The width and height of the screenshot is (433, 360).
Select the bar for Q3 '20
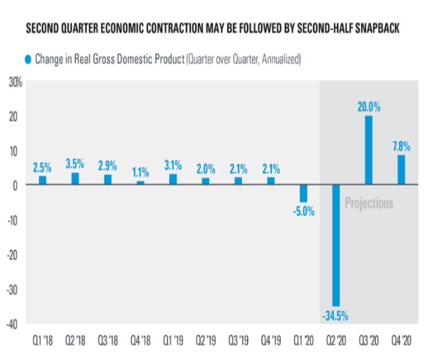tap(369, 150)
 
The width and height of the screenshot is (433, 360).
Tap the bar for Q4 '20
tap(401, 170)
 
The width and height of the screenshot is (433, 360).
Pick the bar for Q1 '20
tap(303, 193)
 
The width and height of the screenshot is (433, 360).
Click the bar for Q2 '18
tap(75, 179)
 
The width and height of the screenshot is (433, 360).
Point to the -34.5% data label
tap(335, 316)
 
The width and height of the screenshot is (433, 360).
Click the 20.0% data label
tap(369, 107)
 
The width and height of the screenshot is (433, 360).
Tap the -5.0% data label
tap(303, 211)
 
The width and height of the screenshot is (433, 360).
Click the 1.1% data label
tap(140, 172)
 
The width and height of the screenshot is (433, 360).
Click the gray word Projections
tap(369, 203)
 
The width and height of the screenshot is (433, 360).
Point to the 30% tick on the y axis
tap(15, 83)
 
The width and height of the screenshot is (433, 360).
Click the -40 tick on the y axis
tap(14, 324)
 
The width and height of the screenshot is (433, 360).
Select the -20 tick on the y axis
tap(14, 255)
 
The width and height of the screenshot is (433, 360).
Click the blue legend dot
tap(28, 59)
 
